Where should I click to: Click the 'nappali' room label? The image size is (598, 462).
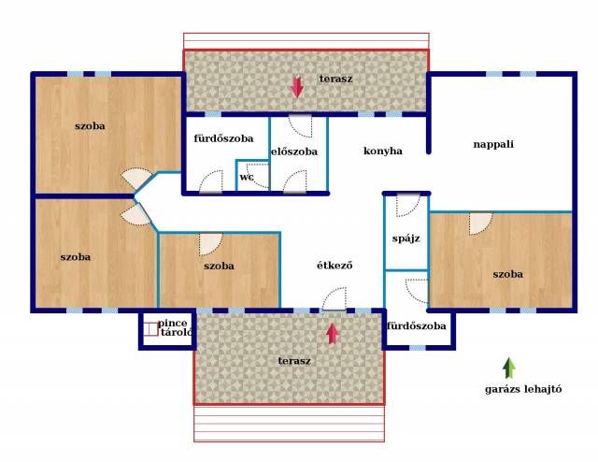493,145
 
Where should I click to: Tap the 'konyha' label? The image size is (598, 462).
382,151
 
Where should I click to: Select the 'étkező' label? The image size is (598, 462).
335,265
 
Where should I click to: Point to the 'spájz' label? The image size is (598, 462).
406,238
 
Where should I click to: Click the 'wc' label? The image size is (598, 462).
246,177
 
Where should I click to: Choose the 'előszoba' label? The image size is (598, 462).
294,152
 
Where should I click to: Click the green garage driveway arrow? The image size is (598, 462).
508,368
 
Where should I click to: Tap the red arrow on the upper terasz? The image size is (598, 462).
297,87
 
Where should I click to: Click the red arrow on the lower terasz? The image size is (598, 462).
333,334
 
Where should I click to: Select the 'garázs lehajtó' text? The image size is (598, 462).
523,389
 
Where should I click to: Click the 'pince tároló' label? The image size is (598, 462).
175,327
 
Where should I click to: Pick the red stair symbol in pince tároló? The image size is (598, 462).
151,329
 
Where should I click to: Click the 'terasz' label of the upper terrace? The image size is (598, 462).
335,79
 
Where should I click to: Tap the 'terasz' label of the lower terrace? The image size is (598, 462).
294,361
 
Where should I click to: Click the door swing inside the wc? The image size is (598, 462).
258,176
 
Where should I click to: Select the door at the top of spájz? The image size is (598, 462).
408,206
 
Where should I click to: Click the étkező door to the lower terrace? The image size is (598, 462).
335,299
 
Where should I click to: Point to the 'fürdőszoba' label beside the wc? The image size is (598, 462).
223,138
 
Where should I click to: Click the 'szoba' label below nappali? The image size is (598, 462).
507,274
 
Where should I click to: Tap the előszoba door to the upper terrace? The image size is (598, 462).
301,126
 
